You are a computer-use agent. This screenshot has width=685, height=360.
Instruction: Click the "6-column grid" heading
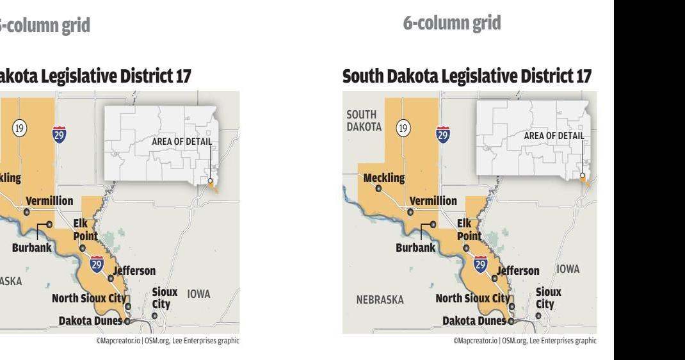click(x=452, y=24)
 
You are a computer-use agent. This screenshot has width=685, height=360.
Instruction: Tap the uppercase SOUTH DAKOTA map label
click(x=364, y=120)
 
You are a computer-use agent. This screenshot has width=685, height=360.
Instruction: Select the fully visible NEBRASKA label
click(x=380, y=299)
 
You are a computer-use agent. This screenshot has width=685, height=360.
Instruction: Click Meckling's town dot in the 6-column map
click(x=378, y=188)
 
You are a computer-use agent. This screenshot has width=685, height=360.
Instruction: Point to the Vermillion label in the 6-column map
click(x=433, y=200)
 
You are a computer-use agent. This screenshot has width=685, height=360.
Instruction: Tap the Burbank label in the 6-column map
click(x=415, y=247)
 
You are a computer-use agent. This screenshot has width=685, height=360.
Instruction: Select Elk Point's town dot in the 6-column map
click(x=466, y=248)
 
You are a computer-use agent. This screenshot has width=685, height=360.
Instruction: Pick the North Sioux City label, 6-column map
click(x=472, y=298)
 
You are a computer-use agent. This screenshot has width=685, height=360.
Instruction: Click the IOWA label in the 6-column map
click(x=567, y=270)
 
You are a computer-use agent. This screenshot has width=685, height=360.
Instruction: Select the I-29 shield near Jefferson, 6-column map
click(x=479, y=263)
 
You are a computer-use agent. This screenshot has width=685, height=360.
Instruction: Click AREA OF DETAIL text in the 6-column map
click(x=554, y=135)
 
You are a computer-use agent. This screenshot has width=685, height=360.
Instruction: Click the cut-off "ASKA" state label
click(x=11, y=281)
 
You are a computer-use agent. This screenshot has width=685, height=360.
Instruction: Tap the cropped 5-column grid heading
click(x=45, y=26)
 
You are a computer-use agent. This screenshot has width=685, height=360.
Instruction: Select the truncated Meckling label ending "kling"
click(x=10, y=179)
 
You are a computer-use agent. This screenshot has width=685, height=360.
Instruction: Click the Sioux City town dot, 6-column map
click(x=538, y=315)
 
